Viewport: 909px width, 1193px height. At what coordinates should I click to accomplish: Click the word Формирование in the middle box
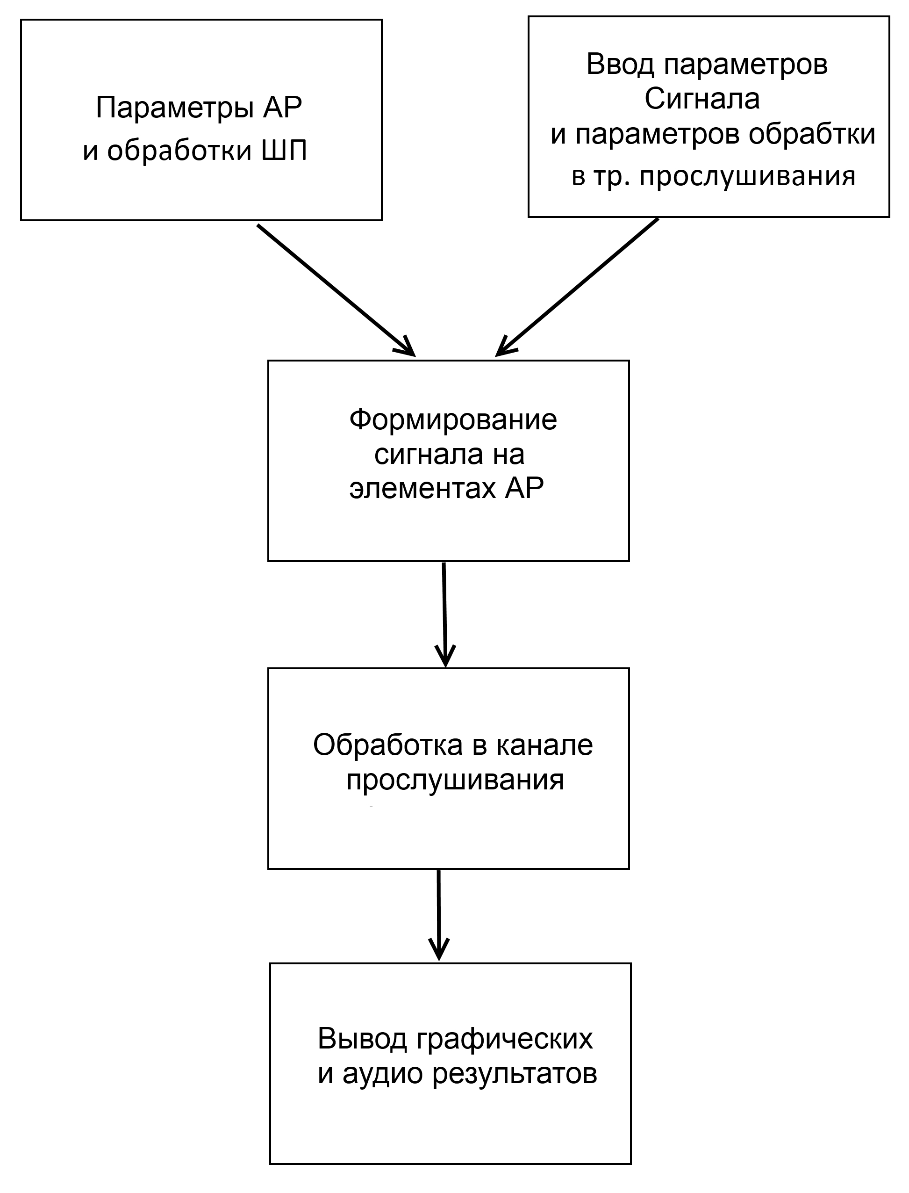(x=453, y=420)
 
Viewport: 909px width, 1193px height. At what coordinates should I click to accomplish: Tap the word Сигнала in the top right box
(x=702, y=99)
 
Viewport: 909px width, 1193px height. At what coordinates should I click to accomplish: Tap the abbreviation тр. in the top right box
(x=610, y=176)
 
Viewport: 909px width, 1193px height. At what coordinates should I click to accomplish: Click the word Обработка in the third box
(x=388, y=745)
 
